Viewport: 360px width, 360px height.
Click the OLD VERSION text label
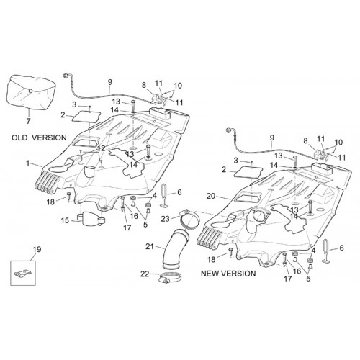pyautogui.click(x=39, y=138)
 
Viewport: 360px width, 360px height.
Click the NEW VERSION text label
pyautogui.click(x=228, y=274)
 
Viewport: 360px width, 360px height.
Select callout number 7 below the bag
pyautogui.click(x=28, y=121)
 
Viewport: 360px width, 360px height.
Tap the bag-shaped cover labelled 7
pyautogui.click(x=32, y=93)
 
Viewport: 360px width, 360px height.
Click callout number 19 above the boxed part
pyautogui.click(x=37, y=250)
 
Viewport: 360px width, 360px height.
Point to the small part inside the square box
pyautogui.click(x=23, y=274)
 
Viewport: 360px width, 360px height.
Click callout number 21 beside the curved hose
pyautogui.click(x=150, y=246)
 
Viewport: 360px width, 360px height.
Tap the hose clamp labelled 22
pyautogui.click(x=170, y=278)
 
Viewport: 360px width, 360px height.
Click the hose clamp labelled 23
pyautogui.click(x=189, y=218)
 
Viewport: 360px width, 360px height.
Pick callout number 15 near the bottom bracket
pyautogui.click(x=65, y=220)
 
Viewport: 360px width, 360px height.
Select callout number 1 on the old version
pyautogui.click(x=28, y=163)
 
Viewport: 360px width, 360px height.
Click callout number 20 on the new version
pyautogui.click(x=211, y=196)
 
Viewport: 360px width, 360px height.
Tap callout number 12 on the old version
pyautogui.click(x=102, y=148)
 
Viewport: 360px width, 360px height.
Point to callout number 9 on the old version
pyautogui.click(x=110, y=82)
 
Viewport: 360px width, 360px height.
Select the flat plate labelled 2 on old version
pyautogui.click(x=86, y=117)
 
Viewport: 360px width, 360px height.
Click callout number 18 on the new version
pyautogui.click(x=212, y=259)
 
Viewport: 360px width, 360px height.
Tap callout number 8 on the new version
pyautogui.click(x=305, y=140)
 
